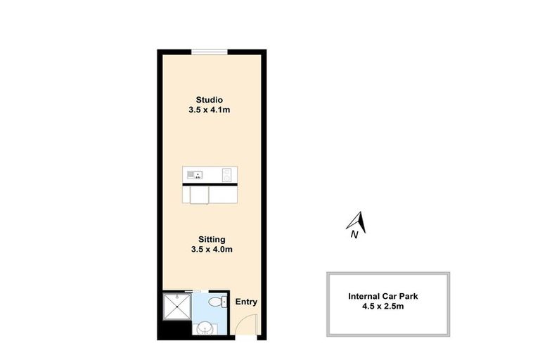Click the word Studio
click(x=210, y=99)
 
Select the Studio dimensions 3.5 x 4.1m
click(x=210, y=110)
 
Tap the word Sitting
click(x=211, y=239)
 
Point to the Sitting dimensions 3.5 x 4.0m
click(x=211, y=250)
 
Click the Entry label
click(x=246, y=302)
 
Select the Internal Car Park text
click(x=387, y=296)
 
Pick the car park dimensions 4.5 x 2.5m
click(x=387, y=307)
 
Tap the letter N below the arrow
click(x=354, y=236)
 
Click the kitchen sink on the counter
click(x=194, y=173)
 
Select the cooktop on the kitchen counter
click(x=226, y=174)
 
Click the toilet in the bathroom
click(x=219, y=303)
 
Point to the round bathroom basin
click(x=205, y=328)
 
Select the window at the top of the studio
click(x=210, y=51)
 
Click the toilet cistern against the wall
click(x=224, y=303)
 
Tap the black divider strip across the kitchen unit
click(x=210, y=183)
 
